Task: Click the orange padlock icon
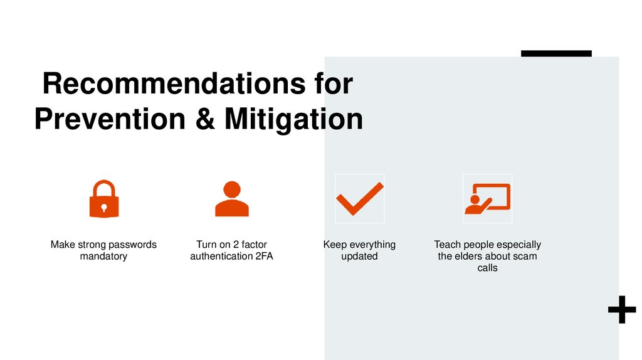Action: tap(104, 199)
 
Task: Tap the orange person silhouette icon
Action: tap(232, 199)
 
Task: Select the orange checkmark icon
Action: tap(359, 198)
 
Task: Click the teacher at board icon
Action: tap(487, 199)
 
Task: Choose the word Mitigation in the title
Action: tap(293, 119)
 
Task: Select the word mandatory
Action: tap(103, 257)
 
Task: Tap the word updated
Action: tap(359, 257)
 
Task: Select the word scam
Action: tap(525, 257)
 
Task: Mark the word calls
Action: tap(487, 268)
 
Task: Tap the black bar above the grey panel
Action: tap(556, 54)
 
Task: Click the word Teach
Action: tap(447, 245)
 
